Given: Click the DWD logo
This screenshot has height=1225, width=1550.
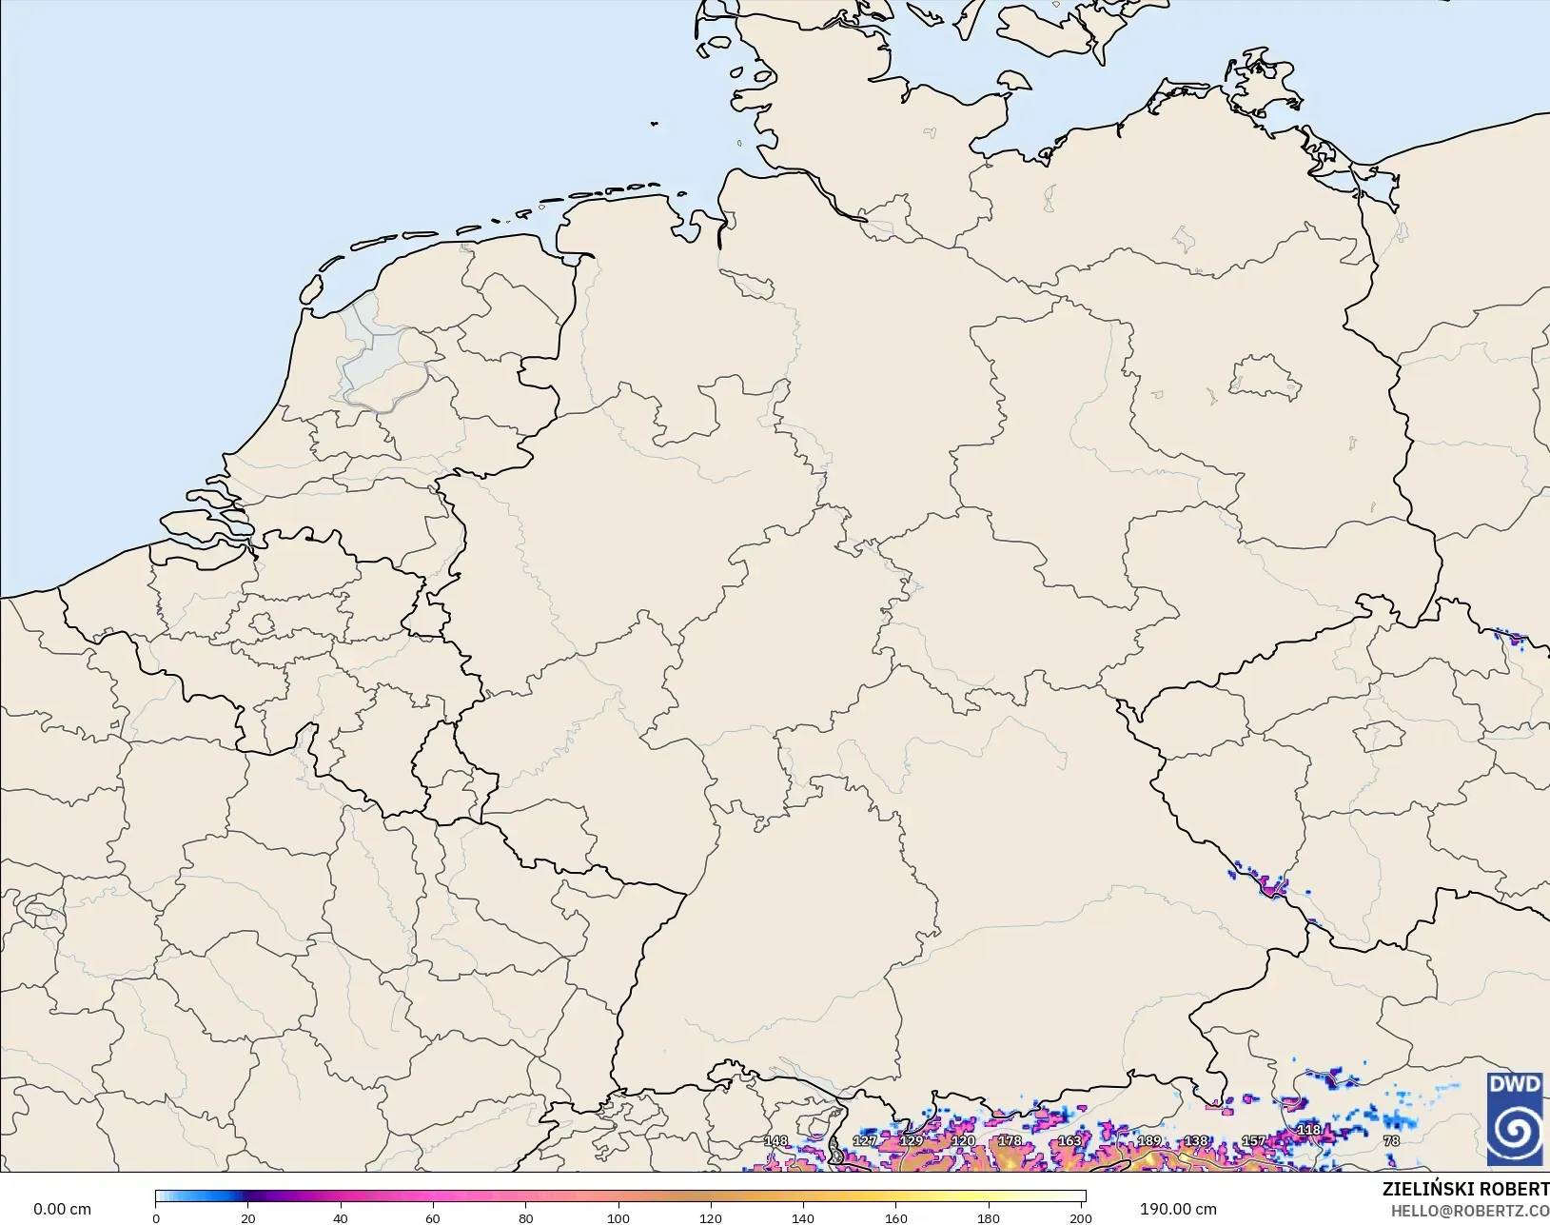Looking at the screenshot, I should [x=1514, y=1118].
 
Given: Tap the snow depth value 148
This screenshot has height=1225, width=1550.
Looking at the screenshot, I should [x=775, y=1140].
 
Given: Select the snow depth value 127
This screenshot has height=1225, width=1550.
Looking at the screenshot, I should [x=864, y=1140].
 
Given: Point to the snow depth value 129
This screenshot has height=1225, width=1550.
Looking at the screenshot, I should [x=912, y=1140].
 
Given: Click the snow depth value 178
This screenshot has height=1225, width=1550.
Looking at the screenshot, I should [x=1010, y=1140].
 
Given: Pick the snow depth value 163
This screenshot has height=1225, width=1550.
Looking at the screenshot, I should [x=1070, y=1140].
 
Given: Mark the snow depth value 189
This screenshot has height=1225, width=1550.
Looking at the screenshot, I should [x=1149, y=1140].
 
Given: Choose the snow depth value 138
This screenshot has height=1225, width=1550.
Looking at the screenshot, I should [x=1196, y=1140].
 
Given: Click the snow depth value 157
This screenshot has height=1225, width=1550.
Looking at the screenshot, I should [x=1254, y=1140].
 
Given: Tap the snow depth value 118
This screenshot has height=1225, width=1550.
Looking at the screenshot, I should [x=1309, y=1130].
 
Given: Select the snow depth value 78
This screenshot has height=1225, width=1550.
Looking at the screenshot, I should [x=1391, y=1140].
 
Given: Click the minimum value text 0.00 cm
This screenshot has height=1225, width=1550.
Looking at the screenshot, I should [x=63, y=1209].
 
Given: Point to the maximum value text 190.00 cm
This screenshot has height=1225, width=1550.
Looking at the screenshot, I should [x=1178, y=1209].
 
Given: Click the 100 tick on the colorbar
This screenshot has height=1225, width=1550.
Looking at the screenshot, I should [x=618, y=1217].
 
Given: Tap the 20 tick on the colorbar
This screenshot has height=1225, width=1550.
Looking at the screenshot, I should [x=247, y=1217].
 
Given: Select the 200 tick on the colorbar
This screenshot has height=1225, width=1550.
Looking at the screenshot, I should [x=1081, y=1217].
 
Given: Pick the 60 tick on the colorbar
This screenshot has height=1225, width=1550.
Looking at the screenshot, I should [x=433, y=1217].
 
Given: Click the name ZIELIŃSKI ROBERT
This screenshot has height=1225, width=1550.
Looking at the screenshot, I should [x=1465, y=1189].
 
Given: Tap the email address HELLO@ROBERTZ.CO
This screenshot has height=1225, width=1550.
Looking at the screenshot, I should [x=1470, y=1211].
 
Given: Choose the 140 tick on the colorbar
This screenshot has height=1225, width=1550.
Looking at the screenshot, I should [x=803, y=1217].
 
